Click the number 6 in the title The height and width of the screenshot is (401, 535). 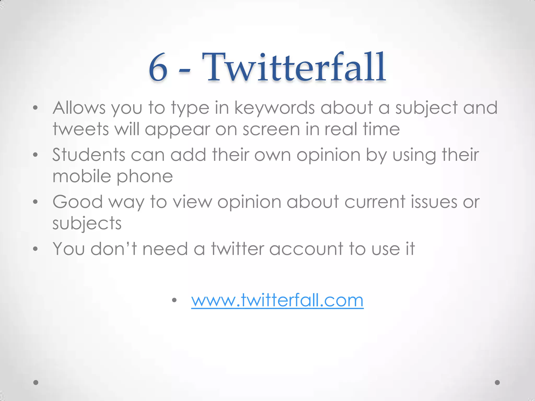[158, 67]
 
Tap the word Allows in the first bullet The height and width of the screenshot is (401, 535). [79, 108]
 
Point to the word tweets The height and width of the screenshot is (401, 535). [80, 129]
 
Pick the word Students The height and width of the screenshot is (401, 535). [89, 155]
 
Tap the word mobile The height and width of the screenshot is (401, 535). [82, 176]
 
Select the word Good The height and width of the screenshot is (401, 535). [78, 202]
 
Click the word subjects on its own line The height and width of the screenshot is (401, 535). [87, 223]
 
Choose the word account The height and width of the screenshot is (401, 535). [306, 249]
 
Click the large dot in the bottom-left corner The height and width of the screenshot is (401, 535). [36, 382]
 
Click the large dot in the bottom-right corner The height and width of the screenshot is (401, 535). [497, 382]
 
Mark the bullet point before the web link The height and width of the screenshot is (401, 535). [175, 300]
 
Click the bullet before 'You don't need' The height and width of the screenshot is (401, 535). [36, 249]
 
